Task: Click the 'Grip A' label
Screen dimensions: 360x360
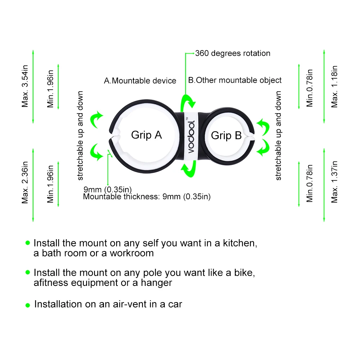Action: click(146, 135)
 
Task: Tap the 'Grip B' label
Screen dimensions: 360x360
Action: click(226, 136)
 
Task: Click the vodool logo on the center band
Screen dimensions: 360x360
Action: click(191, 136)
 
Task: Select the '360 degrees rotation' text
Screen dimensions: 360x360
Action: click(233, 53)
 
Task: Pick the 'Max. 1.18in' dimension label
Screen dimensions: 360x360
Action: click(334, 86)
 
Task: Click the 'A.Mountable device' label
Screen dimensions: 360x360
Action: click(140, 81)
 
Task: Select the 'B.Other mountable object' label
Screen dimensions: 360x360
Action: click(235, 80)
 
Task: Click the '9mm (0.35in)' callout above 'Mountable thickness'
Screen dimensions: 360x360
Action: click(108, 190)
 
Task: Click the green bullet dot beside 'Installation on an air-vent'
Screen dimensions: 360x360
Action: click(28, 305)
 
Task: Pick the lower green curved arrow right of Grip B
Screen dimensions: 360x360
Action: click(264, 148)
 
